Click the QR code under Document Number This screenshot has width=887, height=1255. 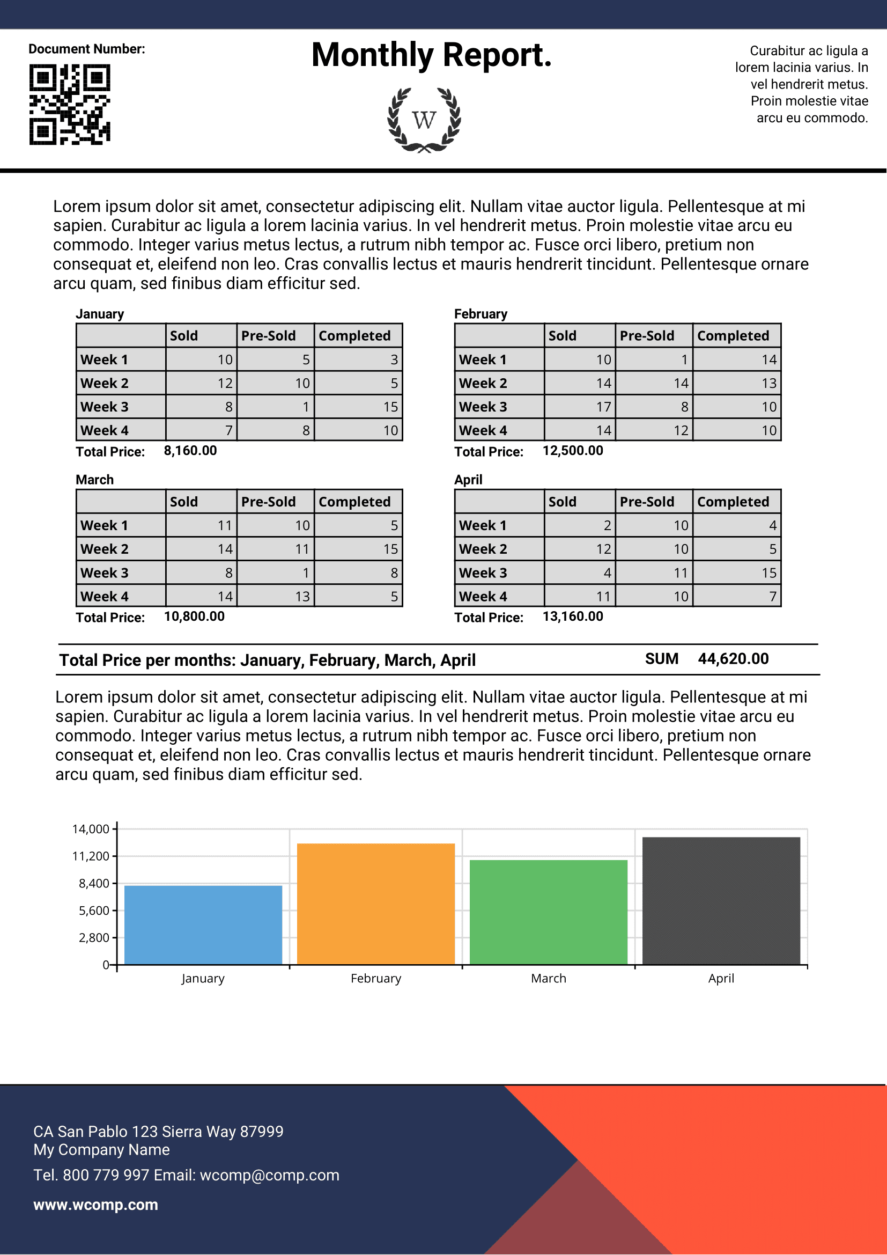pyautogui.click(x=70, y=105)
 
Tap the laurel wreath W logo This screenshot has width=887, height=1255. pyautogui.click(x=424, y=120)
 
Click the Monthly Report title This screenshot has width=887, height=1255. pyautogui.click(x=432, y=55)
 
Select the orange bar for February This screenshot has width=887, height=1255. pyautogui.click(x=376, y=904)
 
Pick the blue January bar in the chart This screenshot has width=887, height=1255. pyautogui.click(x=203, y=925)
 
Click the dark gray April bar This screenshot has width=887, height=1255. pyautogui.click(x=721, y=901)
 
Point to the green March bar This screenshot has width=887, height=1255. pyautogui.click(x=549, y=912)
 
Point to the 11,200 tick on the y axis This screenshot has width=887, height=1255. pyautogui.click(x=91, y=856)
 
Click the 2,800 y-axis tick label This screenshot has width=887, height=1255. pyautogui.click(x=94, y=938)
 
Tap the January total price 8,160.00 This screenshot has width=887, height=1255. pyautogui.click(x=190, y=451)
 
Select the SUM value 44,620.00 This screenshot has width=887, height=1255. pyautogui.click(x=733, y=659)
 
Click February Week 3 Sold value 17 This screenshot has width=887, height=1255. pyautogui.click(x=603, y=407)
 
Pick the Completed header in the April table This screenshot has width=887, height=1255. pyautogui.click(x=733, y=502)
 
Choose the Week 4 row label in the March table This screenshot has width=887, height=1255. pyautogui.click(x=105, y=596)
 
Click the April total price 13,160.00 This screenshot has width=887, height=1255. pyautogui.click(x=573, y=617)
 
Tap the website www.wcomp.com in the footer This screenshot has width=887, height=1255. pyautogui.click(x=95, y=1205)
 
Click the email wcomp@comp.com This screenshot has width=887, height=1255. pyautogui.click(x=269, y=1175)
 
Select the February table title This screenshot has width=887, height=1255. pyautogui.click(x=481, y=314)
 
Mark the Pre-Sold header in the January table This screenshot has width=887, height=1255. pyautogui.click(x=268, y=335)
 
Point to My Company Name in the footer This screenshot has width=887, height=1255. pyautogui.click(x=101, y=1149)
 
